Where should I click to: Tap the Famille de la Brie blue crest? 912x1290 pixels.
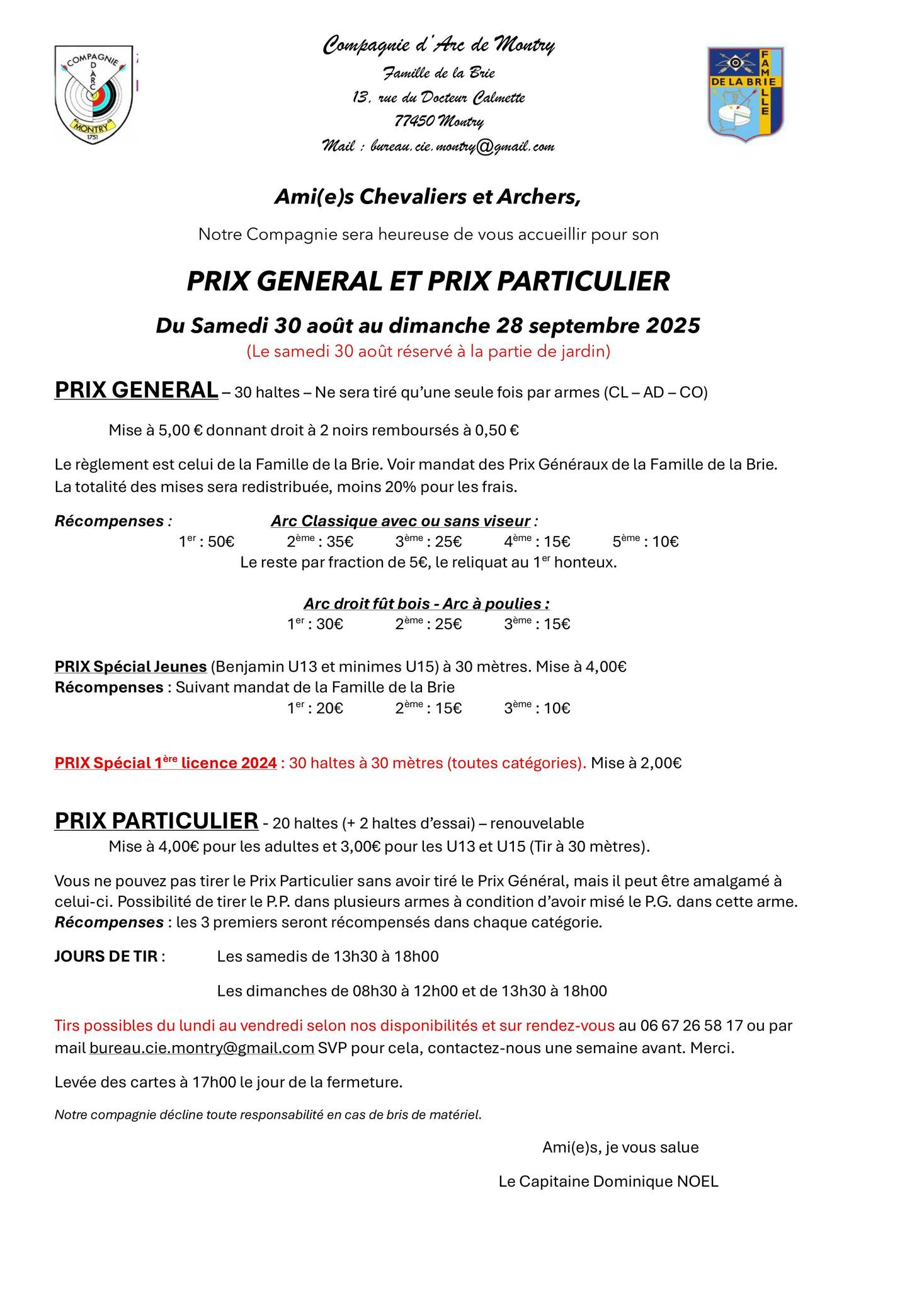(746, 93)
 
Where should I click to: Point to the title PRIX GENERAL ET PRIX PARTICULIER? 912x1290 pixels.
(428, 282)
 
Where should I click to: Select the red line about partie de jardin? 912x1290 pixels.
(428, 351)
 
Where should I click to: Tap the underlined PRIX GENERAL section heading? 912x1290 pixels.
(136, 390)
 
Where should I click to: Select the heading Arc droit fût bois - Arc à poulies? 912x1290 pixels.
(426, 603)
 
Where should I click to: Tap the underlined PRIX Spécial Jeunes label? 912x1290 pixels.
(130, 666)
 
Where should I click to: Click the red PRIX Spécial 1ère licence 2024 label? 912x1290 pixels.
(166, 763)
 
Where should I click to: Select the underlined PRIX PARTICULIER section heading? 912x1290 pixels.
(156, 821)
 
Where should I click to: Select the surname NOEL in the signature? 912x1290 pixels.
(697, 1181)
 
